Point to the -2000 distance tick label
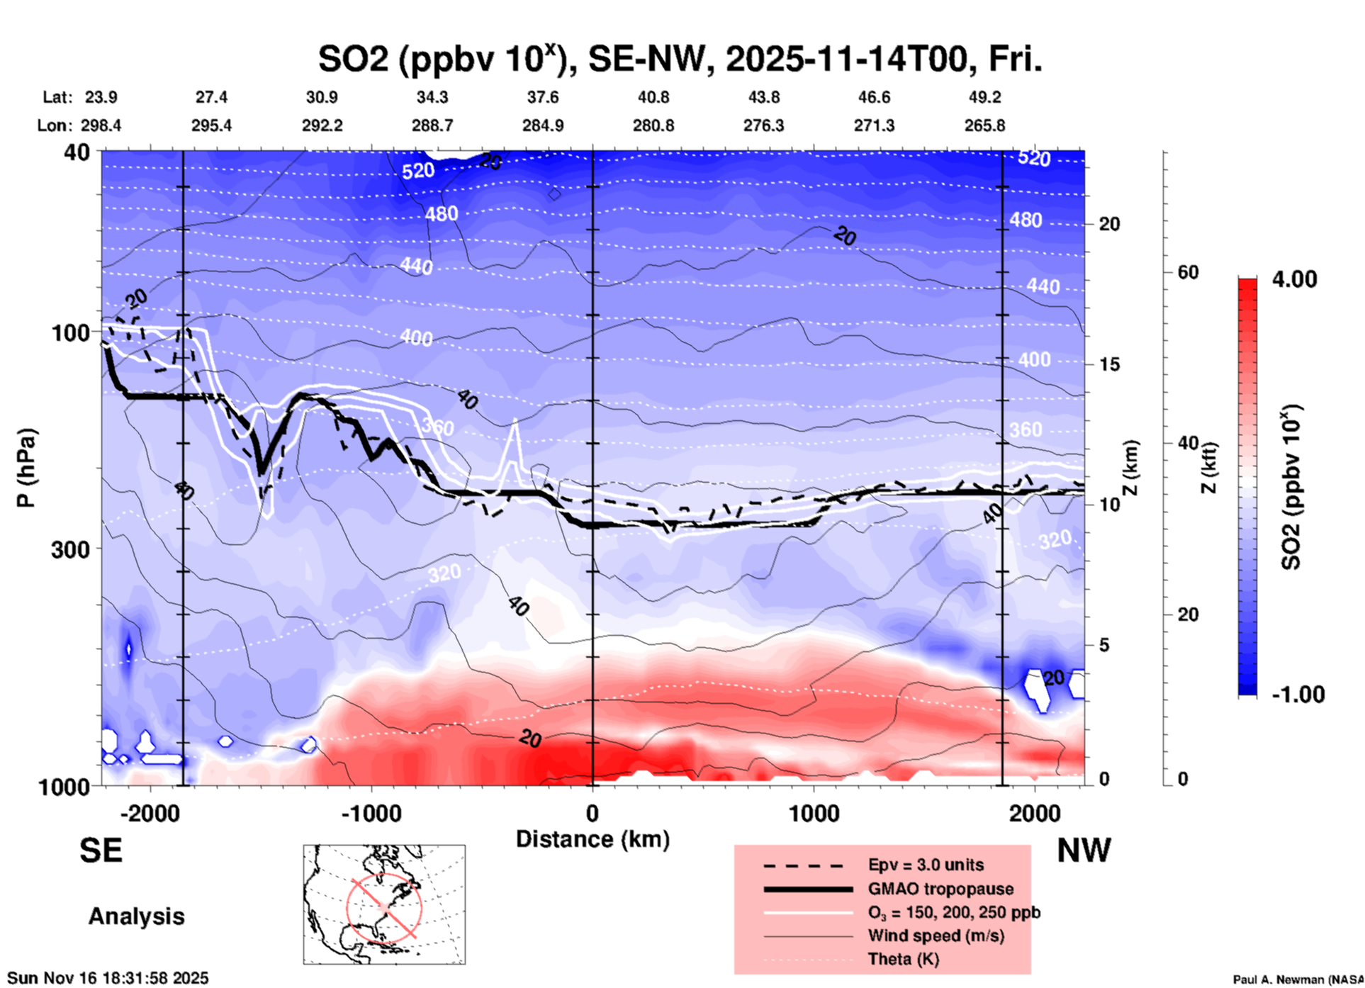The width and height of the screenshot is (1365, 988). [150, 814]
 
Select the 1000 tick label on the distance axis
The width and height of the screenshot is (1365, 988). [814, 814]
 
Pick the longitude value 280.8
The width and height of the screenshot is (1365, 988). [653, 125]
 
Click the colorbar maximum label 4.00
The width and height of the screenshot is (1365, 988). [1294, 279]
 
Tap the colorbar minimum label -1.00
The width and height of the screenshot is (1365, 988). [1298, 695]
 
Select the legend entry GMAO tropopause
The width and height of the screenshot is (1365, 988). [940, 889]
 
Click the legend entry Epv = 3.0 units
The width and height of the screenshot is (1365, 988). [926, 865]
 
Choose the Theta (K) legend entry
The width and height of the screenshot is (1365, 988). [903, 960]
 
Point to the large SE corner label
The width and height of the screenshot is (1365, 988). [101, 851]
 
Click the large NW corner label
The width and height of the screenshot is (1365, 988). [1084, 851]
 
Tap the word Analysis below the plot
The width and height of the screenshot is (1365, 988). [136, 916]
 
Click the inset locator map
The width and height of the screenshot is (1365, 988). [384, 904]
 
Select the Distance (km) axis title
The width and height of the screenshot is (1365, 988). [592, 839]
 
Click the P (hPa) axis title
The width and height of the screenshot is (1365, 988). [26, 468]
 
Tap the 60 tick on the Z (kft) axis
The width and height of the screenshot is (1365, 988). [1188, 272]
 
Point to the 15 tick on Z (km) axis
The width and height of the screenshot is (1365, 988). [1109, 364]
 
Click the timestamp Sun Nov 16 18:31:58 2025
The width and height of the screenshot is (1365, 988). [108, 978]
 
